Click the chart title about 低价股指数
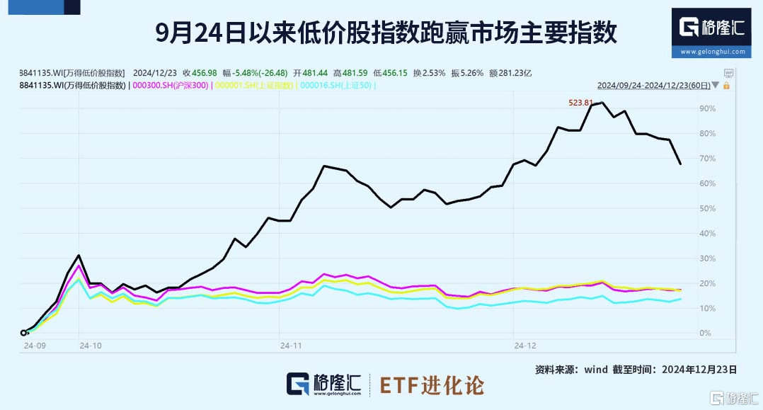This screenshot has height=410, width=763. click(386, 32)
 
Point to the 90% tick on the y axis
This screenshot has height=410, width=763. click(706, 108)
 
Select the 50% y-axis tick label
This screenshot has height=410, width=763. click(706, 208)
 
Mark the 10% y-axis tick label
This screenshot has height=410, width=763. click(706, 308)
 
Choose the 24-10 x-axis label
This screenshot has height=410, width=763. click(91, 346)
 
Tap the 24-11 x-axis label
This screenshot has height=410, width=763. click(291, 346)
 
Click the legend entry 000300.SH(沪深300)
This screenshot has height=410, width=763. click(170, 86)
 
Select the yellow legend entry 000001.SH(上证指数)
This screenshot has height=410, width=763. click(254, 86)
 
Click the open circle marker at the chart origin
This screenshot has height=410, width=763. click(23, 333)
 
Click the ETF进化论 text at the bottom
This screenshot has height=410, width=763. click(432, 385)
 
